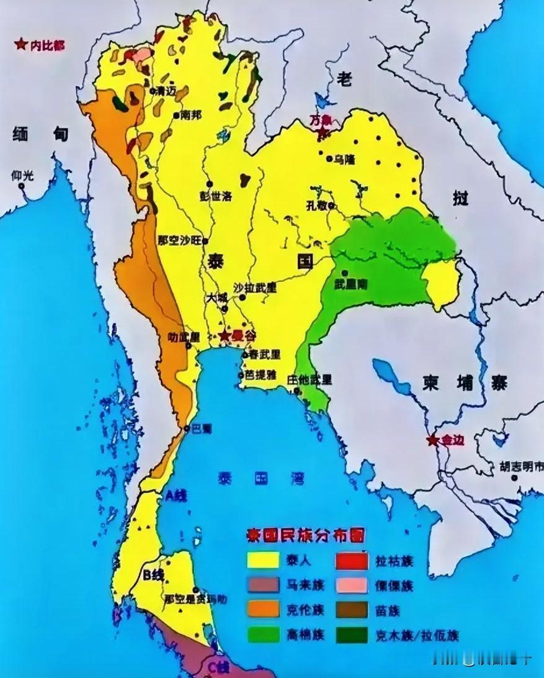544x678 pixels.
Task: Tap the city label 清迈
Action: point(166,91)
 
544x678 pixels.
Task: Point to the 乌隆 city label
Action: point(344,160)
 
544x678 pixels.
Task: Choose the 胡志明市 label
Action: point(522,465)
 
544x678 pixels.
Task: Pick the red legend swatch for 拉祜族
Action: point(352,561)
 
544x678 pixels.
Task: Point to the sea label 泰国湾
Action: point(261,478)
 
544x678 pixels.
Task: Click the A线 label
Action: point(176,495)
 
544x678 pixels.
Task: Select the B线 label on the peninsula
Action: point(153,575)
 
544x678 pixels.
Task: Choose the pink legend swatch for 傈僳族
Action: point(352,585)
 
